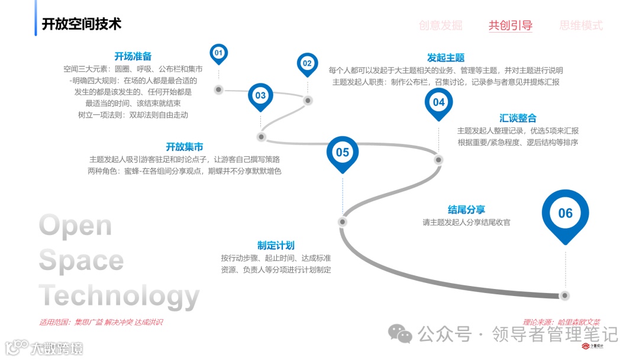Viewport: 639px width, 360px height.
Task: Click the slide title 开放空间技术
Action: (81, 24)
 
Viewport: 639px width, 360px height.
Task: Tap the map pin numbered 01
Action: (218, 53)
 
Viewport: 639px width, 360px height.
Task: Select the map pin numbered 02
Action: (307, 63)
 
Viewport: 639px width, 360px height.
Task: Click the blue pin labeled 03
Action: (260, 95)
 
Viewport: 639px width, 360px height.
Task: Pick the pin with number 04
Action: (438, 102)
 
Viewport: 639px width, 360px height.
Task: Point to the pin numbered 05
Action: (343, 153)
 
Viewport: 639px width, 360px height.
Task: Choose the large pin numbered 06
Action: (565, 213)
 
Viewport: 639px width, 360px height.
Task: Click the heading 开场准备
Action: (133, 56)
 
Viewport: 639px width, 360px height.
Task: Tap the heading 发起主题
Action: (446, 57)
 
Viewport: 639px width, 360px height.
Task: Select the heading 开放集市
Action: (184, 147)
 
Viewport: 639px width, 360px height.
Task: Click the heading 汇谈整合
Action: (518, 118)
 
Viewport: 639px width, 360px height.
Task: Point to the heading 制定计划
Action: (276, 245)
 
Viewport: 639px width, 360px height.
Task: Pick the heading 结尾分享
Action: (466, 210)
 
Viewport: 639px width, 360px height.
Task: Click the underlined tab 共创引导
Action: (510, 25)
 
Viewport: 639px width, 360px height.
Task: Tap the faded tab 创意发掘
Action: (440, 25)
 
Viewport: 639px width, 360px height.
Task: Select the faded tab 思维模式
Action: (581, 25)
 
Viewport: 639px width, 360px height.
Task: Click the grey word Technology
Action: (119, 295)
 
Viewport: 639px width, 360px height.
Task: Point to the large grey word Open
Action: (75, 226)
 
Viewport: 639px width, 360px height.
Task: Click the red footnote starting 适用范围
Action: (101, 323)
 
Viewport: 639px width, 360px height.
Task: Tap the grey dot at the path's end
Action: (565, 295)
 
